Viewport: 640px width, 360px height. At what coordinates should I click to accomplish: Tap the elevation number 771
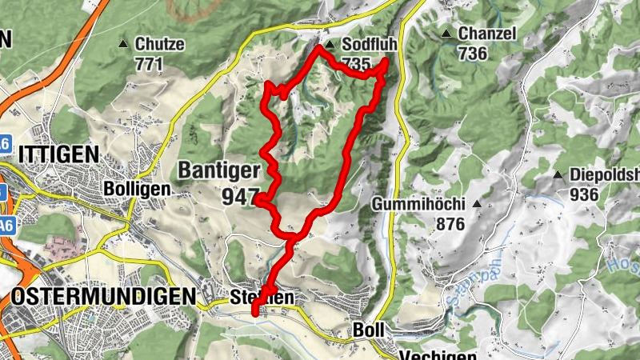tap(150, 63)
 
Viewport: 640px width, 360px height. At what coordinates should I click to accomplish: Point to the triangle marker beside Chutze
tap(123, 44)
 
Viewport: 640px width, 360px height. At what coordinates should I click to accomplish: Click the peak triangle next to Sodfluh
tap(330, 45)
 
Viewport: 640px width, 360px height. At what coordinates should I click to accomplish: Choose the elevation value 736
tap(473, 54)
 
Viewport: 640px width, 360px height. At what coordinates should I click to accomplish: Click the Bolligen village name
tap(138, 189)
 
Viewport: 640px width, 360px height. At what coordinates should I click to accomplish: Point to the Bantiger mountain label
tap(219, 170)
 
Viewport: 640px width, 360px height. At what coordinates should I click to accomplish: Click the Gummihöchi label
tap(420, 205)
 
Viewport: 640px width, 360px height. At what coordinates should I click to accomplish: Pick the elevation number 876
tap(451, 225)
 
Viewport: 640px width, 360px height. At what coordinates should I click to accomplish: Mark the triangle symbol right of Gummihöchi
tap(478, 205)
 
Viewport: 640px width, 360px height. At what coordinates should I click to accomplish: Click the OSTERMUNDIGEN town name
tap(103, 297)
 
